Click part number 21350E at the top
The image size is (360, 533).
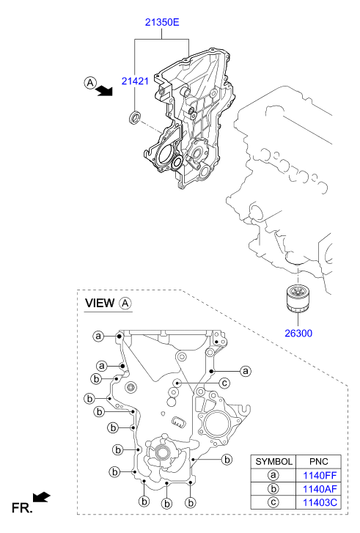tap(162, 22)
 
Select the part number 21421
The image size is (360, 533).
tap(135, 81)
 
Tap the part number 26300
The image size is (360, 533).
tap(298, 333)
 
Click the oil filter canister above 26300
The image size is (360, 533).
tap(298, 298)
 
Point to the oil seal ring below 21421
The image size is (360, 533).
tap(135, 117)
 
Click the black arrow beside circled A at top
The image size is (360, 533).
tap(104, 90)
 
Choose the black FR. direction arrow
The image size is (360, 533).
tap(42, 496)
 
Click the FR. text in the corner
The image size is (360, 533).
tap(22, 508)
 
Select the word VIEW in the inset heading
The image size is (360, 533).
tap(100, 303)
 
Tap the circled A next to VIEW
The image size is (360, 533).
tap(125, 303)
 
